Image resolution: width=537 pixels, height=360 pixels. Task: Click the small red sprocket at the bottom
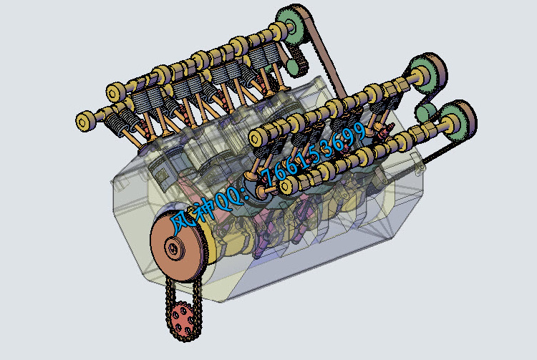[x=182, y=320]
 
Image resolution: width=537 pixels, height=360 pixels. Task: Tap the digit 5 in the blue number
[x=311, y=157]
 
